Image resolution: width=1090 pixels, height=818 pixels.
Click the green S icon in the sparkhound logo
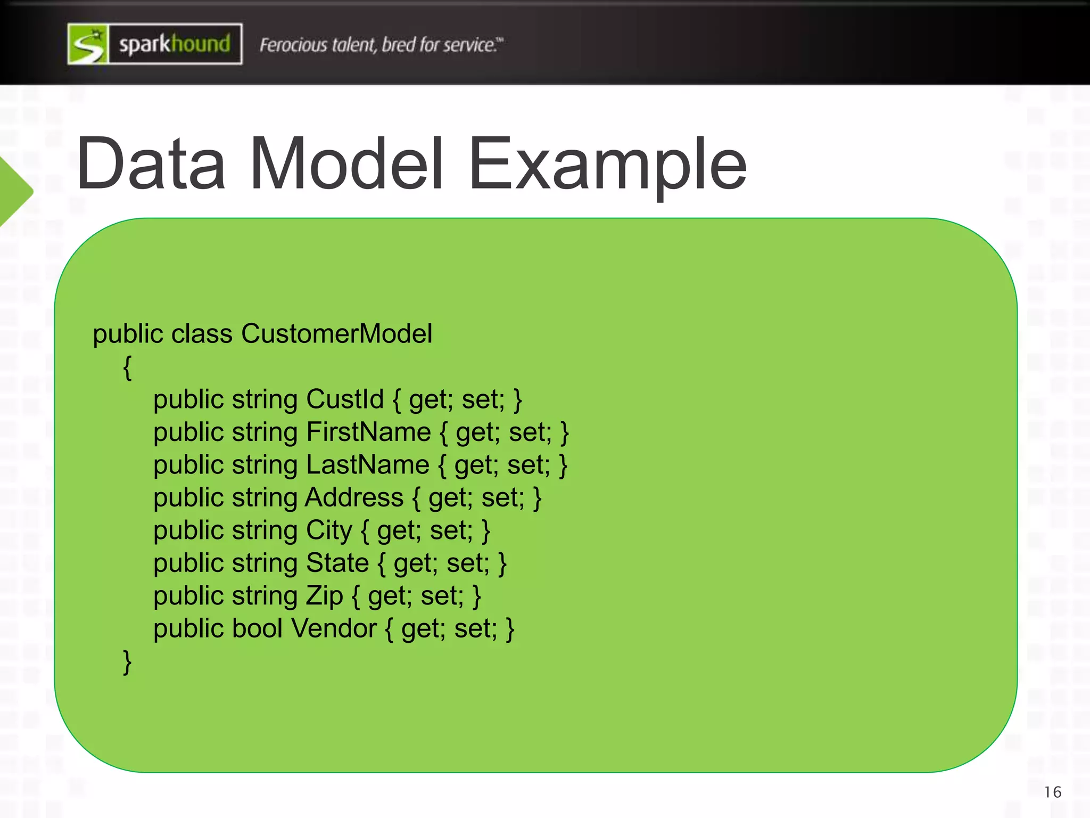[x=88, y=44]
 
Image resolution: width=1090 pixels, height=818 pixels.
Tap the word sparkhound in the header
[x=175, y=44]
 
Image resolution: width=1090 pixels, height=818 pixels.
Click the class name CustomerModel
[x=336, y=334]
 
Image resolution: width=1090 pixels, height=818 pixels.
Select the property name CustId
[x=345, y=399]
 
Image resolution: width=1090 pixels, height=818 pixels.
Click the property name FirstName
[x=368, y=432]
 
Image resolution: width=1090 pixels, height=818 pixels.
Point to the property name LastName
[x=368, y=465]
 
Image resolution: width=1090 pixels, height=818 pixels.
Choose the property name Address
[x=354, y=497]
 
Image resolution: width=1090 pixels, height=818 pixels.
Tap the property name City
[x=329, y=530]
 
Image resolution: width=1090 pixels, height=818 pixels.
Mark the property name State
[x=337, y=563]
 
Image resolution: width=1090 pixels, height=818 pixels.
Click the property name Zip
[x=324, y=596]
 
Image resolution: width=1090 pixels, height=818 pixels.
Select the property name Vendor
[x=334, y=628]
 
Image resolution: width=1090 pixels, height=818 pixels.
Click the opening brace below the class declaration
[x=127, y=367]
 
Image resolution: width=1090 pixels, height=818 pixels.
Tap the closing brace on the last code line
[x=127, y=662]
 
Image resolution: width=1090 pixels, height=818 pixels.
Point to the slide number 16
[x=1052, y=792]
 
